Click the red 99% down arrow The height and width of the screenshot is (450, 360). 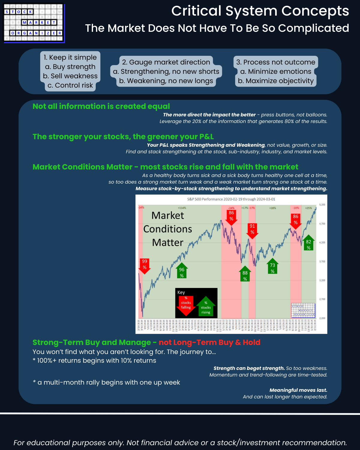click(x=145, y=265)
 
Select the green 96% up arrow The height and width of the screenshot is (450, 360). click(x=182, y=271)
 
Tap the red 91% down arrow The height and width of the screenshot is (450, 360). click(x=252, y=230)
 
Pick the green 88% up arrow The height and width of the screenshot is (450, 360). click(x=245, y=274)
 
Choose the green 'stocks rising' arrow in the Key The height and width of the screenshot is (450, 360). click(x=206, y=307)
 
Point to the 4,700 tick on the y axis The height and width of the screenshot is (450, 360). click(x=322, y=224)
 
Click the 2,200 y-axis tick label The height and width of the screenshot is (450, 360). click(x=322, y=318)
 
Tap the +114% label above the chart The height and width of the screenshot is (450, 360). click(x=182, y=208)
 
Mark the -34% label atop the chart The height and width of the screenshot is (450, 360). click(x=141, y=208)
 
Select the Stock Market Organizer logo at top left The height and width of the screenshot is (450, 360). click(x=34, y=23)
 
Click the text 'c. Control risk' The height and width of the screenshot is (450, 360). click(x=70, y=85)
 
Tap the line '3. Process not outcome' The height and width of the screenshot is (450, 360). click(x=276, y=62)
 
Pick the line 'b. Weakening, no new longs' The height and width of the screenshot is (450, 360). click(x=166, y=81)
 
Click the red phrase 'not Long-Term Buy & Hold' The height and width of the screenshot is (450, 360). click(x=209, y=342)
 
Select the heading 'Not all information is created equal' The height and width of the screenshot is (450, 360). click(x=101, y=106)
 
